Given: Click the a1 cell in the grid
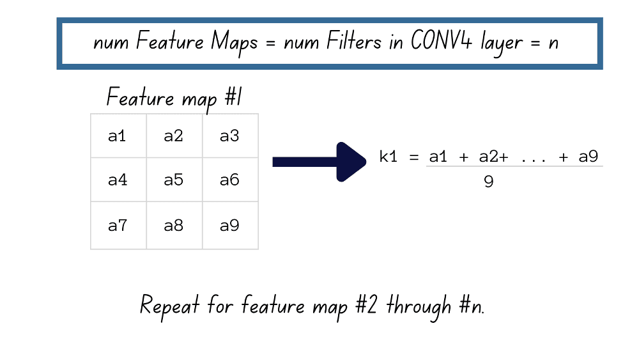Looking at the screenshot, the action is (118, 136).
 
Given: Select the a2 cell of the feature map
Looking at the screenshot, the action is (174, 136).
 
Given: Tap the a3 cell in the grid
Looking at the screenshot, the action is (230, 136).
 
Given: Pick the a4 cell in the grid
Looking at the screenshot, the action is (118, 180).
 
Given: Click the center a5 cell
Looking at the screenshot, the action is (174, 180).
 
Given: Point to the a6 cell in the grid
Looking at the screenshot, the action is (230, 180).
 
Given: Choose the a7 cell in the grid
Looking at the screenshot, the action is (118, 226).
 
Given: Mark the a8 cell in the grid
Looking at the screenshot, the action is (174, 226).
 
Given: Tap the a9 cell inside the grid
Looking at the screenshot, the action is (230, 226).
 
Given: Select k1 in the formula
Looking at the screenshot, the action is (388, 157).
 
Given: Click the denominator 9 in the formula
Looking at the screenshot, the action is (489, 182).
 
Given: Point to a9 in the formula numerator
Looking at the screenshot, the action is (588, 157).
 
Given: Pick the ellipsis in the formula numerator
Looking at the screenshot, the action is (534, 160).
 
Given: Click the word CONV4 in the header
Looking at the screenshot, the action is (441, 41).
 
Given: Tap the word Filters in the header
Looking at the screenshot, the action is (354, 41).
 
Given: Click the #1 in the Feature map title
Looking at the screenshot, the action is (233, 97).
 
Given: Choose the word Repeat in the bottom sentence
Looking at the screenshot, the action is (169, 306).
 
